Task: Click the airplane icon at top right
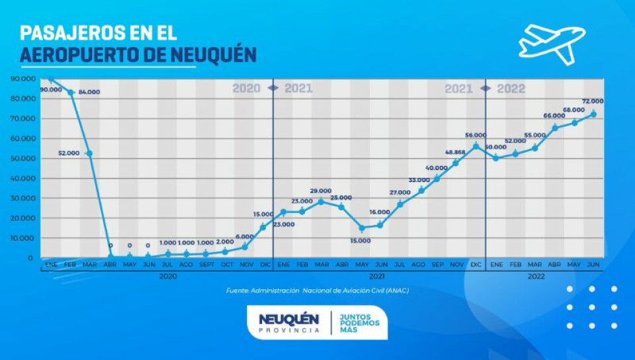(x=552, y=43)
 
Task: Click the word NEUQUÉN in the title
(x=213, y=55)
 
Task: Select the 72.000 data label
(x=592, y=101)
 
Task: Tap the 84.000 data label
(x=89, y=92)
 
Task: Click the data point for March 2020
(x=89, y=154)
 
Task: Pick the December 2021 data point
(x=476, y=146)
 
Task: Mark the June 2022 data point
(x=593, y=114)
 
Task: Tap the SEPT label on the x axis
(x=206, y=264)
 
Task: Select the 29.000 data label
(x=321, y=191)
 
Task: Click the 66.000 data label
(x=554, y=116)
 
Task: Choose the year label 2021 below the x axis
(x=378, y=276)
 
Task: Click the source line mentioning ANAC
(x=317, y=291)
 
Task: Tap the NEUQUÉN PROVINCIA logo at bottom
(x=288, y=323)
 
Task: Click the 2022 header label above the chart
(x=511, y=89)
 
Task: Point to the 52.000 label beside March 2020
(x=69, y=153)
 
